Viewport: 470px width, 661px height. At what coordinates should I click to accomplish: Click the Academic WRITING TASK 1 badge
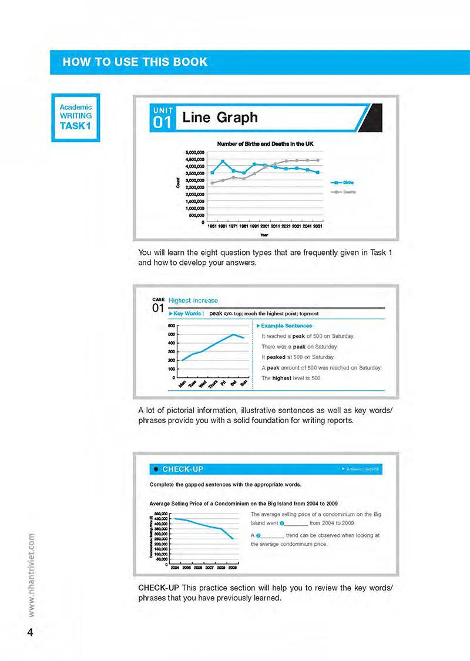(76, 118)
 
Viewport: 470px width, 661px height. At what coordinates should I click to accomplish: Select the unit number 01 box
(162, 118)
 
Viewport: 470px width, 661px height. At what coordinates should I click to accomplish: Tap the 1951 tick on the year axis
(213, 226)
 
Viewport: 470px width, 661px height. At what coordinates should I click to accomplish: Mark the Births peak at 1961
(223, 161)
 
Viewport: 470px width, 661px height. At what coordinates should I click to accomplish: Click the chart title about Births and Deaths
(266, 143)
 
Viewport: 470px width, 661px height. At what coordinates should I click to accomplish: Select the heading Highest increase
(193, 300)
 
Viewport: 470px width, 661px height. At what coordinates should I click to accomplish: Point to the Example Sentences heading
(286, 326)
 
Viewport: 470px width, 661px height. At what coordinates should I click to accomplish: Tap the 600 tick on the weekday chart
(172, 326)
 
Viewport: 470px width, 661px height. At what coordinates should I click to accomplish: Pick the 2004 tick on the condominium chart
(175, 568)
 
